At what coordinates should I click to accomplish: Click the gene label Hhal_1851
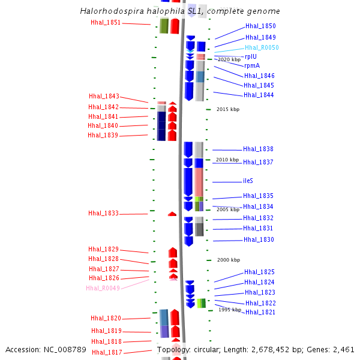[106, 23]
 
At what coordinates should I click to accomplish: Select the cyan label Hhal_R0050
[262, 47]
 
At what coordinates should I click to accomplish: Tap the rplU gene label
[251, 57]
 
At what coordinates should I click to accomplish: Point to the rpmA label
[252, 65]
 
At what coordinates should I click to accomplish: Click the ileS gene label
[248, 181]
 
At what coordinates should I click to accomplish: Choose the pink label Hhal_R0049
[103, 288]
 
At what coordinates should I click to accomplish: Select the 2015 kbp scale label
[228, 109]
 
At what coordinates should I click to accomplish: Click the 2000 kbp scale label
[229, 260]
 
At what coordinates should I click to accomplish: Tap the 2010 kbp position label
[227, 160]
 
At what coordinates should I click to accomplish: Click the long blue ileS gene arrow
[188, 182]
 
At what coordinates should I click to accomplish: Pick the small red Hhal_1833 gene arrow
[172, 214]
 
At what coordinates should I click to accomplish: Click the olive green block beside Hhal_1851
[164, 26]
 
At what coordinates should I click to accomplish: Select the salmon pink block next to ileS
[199, 182]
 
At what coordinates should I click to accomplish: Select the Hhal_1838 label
[258, 149]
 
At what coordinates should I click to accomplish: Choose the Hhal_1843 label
[104, 96]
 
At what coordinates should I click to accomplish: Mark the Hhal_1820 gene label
[106, 318]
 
